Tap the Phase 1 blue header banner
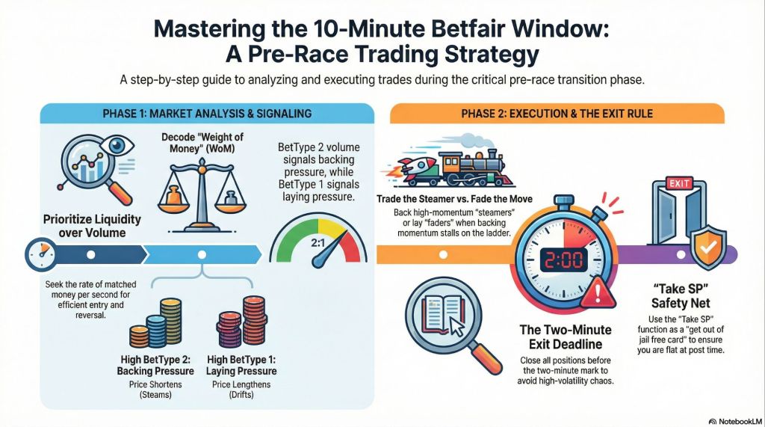(x=207, y=114)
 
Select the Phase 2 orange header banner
(x=557, y=114)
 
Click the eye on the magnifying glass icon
(x=117, y=146)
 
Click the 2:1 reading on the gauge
(x=318, y=242)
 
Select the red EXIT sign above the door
(x=678, y=183)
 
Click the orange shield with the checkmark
(x=708, y=248)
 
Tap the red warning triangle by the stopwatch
(x=598, y=291)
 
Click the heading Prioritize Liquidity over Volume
(x=92, y=226)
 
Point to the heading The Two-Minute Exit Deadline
(x=566, y=337)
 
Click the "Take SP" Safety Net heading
(x=681, y=295)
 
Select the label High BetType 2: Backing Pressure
(x=155, y=366)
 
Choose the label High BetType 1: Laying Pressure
(x=241, y=366)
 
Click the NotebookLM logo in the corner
(x=735, y=421)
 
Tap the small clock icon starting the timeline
(x=41, y=254)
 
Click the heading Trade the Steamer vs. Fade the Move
(x=454, y=199)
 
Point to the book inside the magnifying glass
(x=444, y=313)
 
